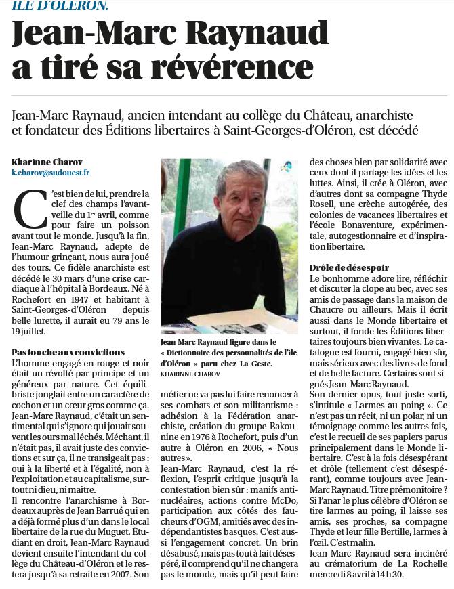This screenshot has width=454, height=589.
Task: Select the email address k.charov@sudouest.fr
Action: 51,173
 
